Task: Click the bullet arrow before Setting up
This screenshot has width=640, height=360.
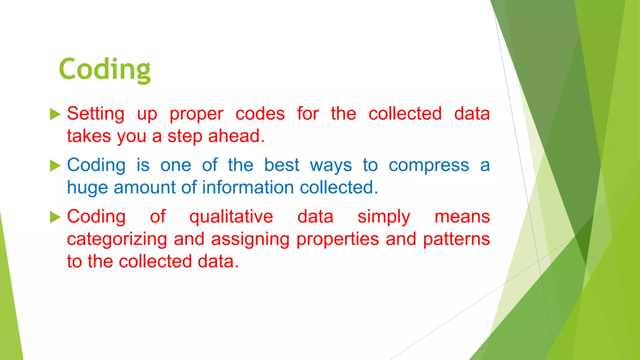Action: [55, 114]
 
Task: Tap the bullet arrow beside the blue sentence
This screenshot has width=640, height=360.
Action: [55, 166]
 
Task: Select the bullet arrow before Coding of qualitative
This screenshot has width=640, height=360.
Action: [55, 217]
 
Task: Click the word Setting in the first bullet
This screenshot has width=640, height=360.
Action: [96, 114]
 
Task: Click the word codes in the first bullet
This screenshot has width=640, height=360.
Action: [260, 114]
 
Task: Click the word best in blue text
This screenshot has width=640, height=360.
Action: [282, 165]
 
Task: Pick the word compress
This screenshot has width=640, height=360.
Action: [429, 166]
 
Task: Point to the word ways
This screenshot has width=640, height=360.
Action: [331, 166]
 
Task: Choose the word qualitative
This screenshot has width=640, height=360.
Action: [231, 217]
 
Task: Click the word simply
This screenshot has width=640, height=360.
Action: [384, 217]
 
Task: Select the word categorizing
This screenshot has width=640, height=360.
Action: [117, 240]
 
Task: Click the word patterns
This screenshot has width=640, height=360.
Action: [456, 240]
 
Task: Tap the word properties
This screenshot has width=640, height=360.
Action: [337, 240]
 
